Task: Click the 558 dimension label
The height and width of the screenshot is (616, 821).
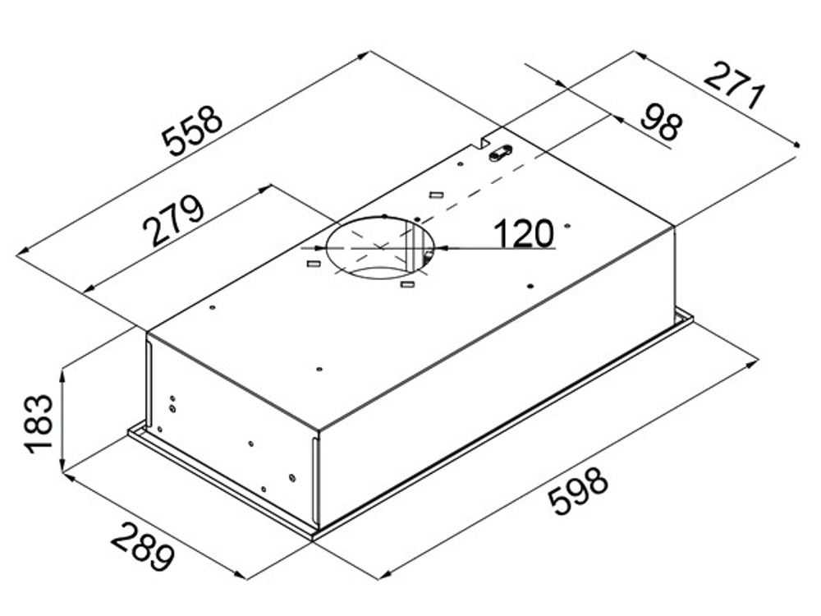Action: tap(192, 131)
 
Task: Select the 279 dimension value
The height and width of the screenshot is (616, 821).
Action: tap(173, 220)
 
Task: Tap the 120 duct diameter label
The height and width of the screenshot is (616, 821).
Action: tap(523, 233)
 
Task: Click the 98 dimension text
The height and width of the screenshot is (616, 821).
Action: tap(662, 122)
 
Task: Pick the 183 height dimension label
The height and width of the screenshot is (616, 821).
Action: tap(39, 424)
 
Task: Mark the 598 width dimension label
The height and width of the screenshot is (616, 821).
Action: tap(578, 491)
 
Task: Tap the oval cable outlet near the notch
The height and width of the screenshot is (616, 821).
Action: tap(499, 154)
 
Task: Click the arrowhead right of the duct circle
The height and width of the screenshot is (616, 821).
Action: tap(441, 248)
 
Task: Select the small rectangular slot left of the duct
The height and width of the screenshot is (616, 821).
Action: tap(313, 263)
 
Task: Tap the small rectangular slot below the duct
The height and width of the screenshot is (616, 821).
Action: tap(407, 284)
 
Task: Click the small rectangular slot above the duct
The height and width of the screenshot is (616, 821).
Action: tap(436, 195)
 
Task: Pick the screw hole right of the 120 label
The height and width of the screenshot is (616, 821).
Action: tap(567, 227)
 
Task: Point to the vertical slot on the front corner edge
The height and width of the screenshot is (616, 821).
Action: tap(315, 480)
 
